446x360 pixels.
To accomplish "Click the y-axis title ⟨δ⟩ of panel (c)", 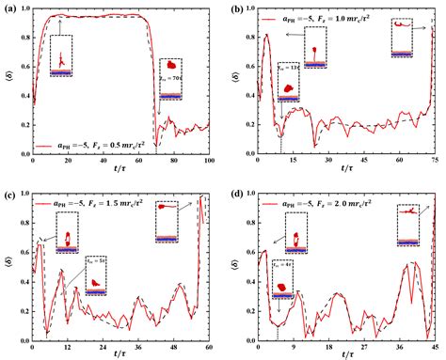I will click(7, 267).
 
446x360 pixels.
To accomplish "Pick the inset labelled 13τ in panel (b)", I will click(292, 83).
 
